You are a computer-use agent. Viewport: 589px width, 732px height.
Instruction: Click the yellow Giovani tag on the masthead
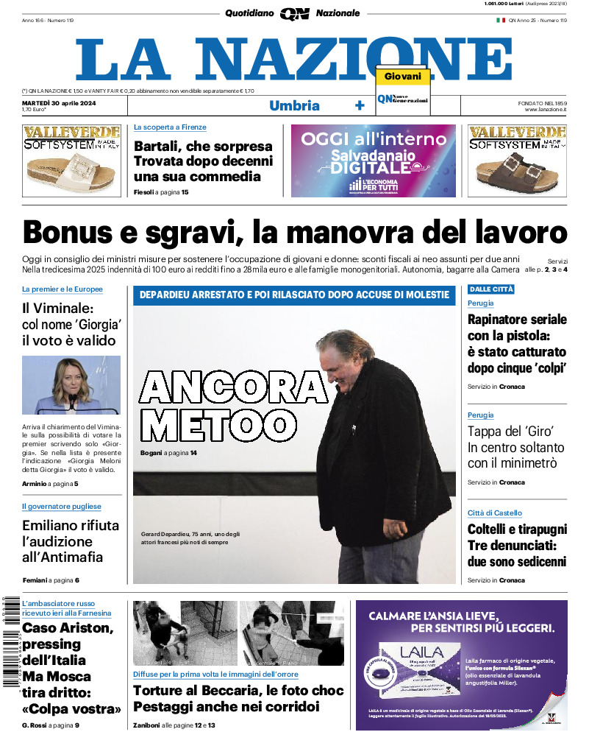[x=402, y=77]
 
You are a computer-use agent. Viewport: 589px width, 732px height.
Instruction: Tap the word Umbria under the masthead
[x=294, y=105]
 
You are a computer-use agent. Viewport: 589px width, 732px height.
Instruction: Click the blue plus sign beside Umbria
[x=360, y=105]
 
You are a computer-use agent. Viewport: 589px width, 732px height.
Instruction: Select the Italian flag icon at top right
[x=501, y=20]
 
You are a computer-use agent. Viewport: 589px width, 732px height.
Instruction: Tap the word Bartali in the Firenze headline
[x=154, y=146]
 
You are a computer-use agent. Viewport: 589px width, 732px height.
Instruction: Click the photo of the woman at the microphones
[x=71, y=385]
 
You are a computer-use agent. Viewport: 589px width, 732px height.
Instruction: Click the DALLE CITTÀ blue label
[x=491, y=289]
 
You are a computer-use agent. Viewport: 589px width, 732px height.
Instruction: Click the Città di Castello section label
[x=495, y=513]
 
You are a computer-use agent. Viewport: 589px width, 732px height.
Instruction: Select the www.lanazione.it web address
[x=546, y=110]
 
